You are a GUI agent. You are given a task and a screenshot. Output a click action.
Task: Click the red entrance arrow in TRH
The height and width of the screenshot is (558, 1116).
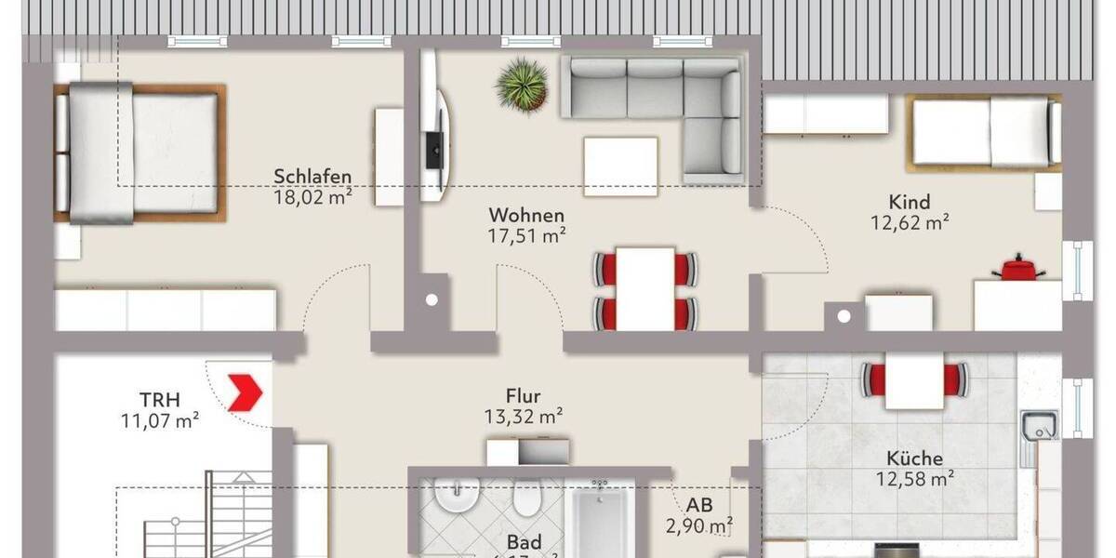[246, 392]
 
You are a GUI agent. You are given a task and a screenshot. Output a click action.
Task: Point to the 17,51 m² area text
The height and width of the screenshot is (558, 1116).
[528, 236]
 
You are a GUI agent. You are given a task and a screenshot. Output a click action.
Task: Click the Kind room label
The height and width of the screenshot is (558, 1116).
[909, 202]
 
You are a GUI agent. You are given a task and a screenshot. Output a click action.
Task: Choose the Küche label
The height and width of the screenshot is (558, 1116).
[914, 458]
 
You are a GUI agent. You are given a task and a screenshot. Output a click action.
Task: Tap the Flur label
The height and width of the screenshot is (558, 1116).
[525, 396]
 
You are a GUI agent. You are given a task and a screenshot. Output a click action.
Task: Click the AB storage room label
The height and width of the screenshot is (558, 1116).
[699, 506]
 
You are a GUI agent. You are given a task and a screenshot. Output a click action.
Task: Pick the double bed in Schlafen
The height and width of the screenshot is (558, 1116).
[139, 153]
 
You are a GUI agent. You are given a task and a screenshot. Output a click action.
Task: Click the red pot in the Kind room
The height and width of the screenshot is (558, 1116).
[1018, 269]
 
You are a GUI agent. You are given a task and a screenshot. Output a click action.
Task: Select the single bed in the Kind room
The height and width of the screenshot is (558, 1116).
[984, 133]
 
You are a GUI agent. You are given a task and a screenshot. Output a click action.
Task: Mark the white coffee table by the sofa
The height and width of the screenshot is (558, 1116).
[620, 166]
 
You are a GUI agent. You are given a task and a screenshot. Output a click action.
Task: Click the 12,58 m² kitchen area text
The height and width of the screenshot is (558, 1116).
[916, 480]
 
